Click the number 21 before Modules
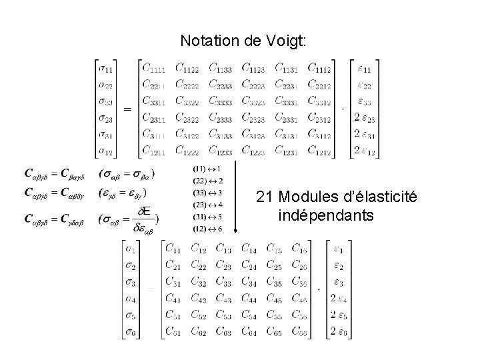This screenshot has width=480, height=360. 263,197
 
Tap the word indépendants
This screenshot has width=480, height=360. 327,216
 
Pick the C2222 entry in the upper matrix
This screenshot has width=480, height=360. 188,84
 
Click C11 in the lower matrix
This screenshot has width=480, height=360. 174,249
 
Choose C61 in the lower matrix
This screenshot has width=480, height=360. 174,331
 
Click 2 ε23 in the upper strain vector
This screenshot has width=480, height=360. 365,117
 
